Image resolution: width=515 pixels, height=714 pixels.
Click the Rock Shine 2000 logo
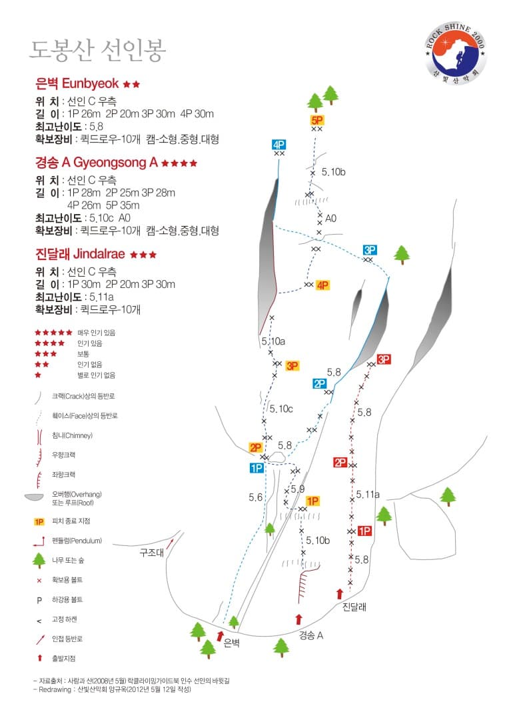point(456,54)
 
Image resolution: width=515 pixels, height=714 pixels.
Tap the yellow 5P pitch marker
point(317,120)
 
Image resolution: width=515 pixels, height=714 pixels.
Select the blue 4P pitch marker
point(278,145)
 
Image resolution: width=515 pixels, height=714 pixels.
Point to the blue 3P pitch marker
point(369,249)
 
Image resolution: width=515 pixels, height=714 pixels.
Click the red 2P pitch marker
point(340,463)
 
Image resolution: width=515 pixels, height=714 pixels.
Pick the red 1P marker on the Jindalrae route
point(364,531)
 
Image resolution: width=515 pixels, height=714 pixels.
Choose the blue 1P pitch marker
point(257,467)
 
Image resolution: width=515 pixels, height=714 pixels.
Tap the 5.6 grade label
point(255,497)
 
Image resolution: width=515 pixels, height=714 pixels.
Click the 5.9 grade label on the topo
point(298,489)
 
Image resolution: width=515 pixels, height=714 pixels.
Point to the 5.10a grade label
point(273,341)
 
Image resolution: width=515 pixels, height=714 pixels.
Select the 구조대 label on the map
point(151,553)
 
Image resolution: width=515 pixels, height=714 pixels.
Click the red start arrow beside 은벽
point(221,636)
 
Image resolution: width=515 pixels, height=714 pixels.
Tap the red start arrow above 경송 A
point(299,619)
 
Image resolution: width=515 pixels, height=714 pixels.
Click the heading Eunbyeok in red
point(90,84)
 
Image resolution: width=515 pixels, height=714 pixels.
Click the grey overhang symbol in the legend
point(34,497)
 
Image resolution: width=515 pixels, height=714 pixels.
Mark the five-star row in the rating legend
point(54,333)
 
